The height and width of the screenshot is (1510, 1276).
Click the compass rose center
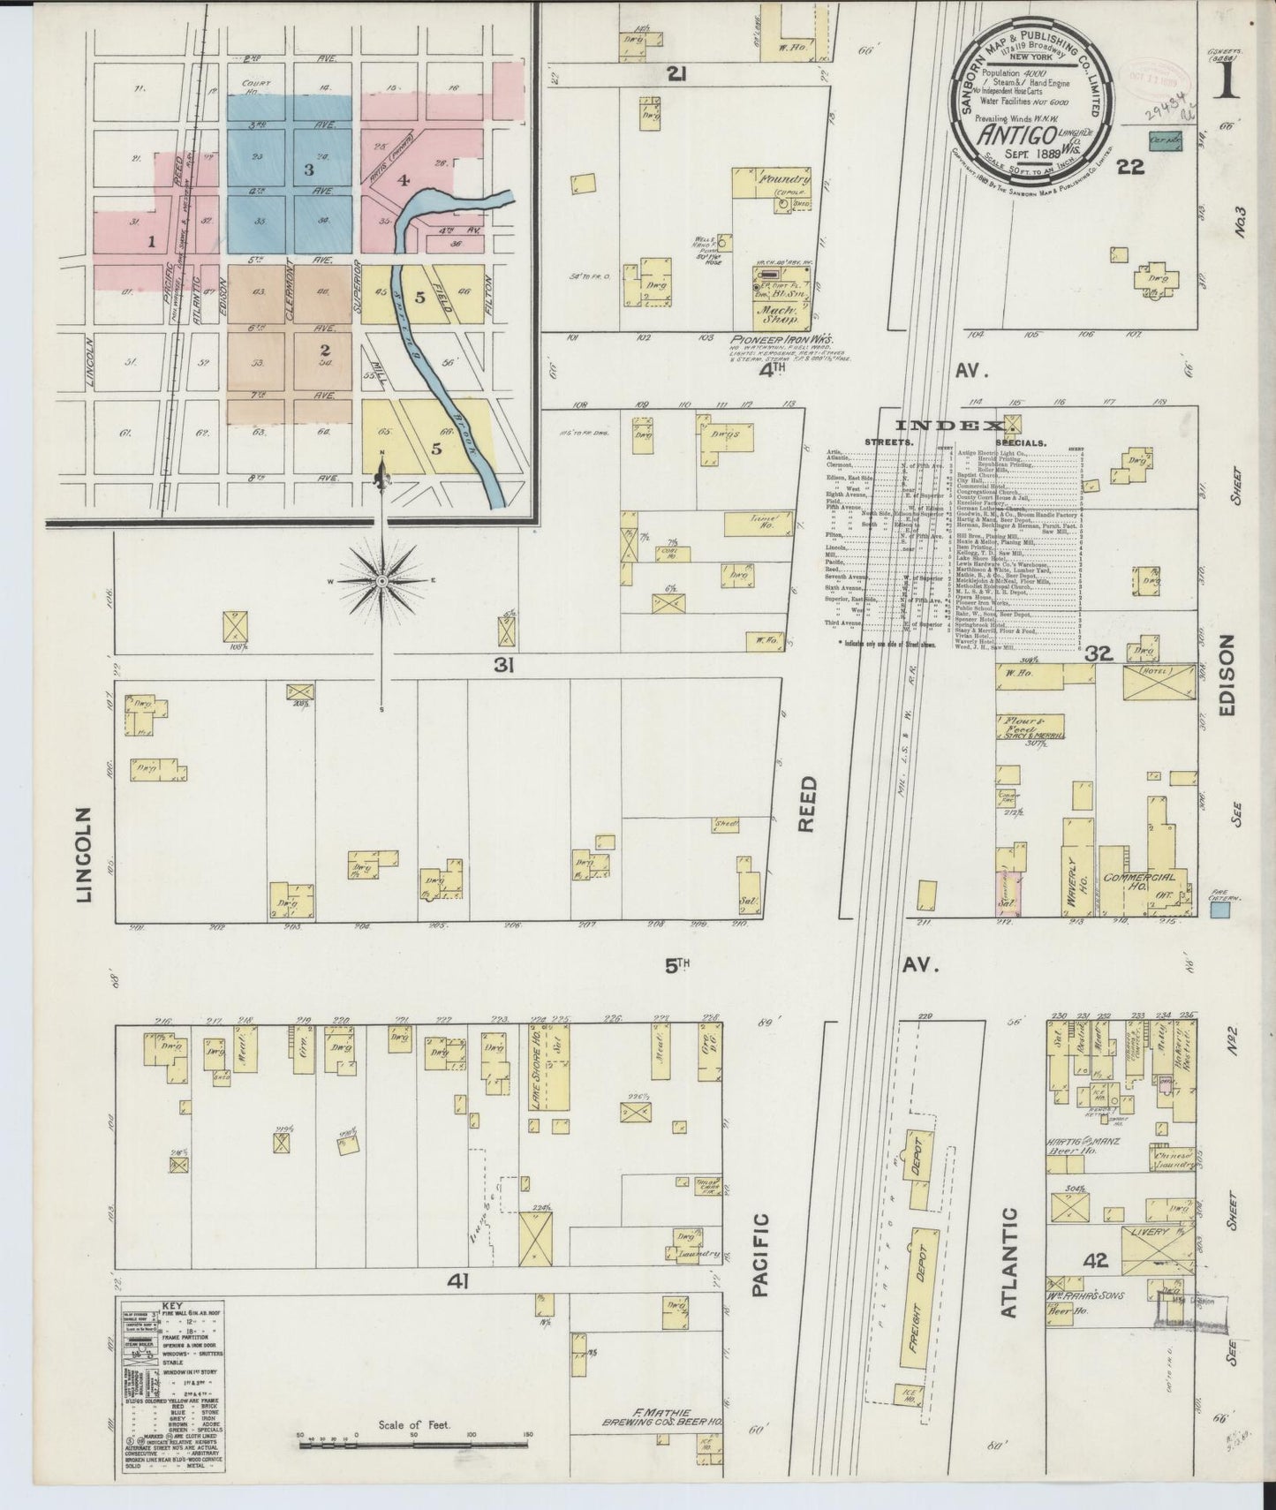381,580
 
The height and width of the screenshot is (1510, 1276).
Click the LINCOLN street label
84,854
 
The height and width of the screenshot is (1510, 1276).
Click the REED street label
809,804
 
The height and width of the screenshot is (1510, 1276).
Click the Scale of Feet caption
413,1424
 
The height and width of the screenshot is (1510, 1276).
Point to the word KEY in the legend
174,1304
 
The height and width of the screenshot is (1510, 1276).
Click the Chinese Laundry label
1171,1159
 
